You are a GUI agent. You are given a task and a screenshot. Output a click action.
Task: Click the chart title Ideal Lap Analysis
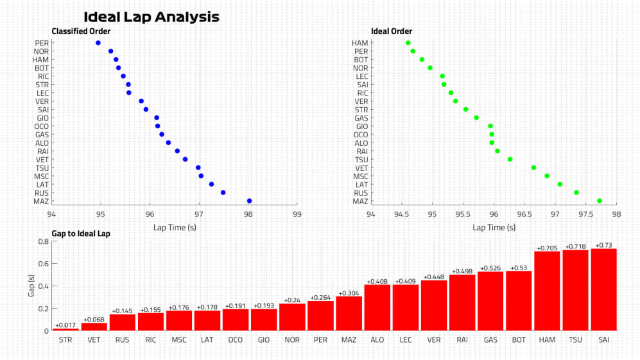(x=151, y=17)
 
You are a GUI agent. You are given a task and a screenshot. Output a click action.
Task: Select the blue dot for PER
(x=98, y=43)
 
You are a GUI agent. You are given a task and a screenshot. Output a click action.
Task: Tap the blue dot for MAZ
(x=249, y=201)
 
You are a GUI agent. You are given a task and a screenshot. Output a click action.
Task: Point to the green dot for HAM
(x=408, y=43)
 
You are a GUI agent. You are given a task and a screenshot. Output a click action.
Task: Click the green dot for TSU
(x=510, y=159)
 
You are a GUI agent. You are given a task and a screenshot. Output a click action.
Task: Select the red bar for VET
(x=94, y=327)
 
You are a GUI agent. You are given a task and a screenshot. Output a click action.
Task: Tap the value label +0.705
(x=547, y=247)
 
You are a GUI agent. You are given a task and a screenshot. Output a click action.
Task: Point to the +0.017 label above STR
(x=65, y=325)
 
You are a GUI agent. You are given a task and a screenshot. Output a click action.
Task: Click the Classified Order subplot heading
(x=81, y=31)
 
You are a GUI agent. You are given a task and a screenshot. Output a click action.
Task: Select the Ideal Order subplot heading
(x=392, y=31)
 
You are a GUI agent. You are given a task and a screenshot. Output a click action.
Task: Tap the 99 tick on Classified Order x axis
(x=297, y=216)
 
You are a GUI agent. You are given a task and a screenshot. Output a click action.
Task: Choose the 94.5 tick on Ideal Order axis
(x=401, y=216)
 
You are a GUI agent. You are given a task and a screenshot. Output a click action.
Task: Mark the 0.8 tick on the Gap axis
(x=44, y=242)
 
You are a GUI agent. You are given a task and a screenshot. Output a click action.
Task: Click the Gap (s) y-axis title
(x=30, y=286)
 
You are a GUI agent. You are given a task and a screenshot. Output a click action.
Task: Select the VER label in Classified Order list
(x=42, y=101)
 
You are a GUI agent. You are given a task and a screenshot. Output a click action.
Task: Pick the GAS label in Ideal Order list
(x=361, y=118)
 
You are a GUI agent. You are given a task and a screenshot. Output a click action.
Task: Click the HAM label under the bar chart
(x=547, y=339)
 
